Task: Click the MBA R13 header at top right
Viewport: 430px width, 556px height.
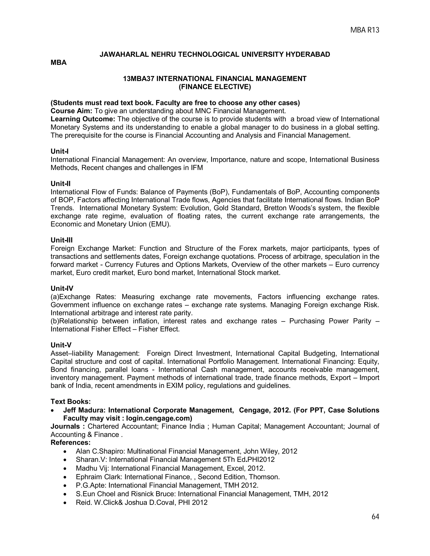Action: point(364,30)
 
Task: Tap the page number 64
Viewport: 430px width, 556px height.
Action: point(375,517)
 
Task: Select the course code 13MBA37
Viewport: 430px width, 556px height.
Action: point(139,79)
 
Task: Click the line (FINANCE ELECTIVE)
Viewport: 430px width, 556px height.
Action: point(215,87)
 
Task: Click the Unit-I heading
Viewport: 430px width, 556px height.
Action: point(59,151)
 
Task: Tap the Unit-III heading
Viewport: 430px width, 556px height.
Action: point(62,240)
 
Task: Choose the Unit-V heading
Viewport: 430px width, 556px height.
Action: point(61,345)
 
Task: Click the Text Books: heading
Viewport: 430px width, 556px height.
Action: point(71,401)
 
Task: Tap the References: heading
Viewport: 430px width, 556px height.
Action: point(71,442)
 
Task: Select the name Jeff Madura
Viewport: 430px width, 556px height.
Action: point(84,410)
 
